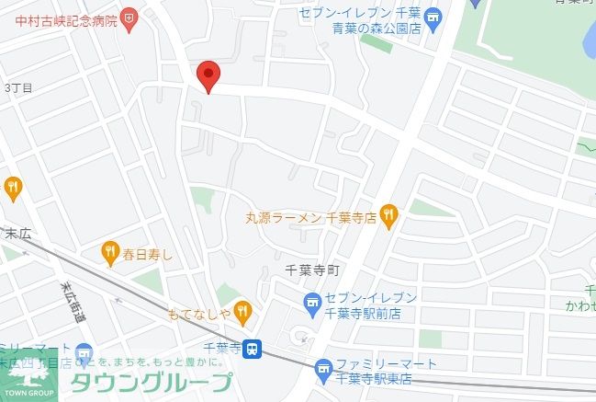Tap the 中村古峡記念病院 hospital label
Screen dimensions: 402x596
(61, 17)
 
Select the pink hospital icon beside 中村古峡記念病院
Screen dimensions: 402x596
(129, 17)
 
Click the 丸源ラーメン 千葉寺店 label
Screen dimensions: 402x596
(311, 218)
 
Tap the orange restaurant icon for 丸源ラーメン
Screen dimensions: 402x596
(388, 217)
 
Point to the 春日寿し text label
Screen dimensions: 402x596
(148, 250)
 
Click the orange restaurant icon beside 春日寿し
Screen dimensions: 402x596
(110, 249)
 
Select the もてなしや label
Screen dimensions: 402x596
(197, 313)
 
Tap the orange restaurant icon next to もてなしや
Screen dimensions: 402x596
(242, 312)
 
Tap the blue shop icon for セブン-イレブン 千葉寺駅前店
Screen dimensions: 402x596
(312, 303)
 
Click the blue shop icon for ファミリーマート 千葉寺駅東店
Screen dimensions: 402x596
(322, 371)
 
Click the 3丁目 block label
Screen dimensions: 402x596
(18, 87)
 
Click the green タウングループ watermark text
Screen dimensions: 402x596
(152, 383)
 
